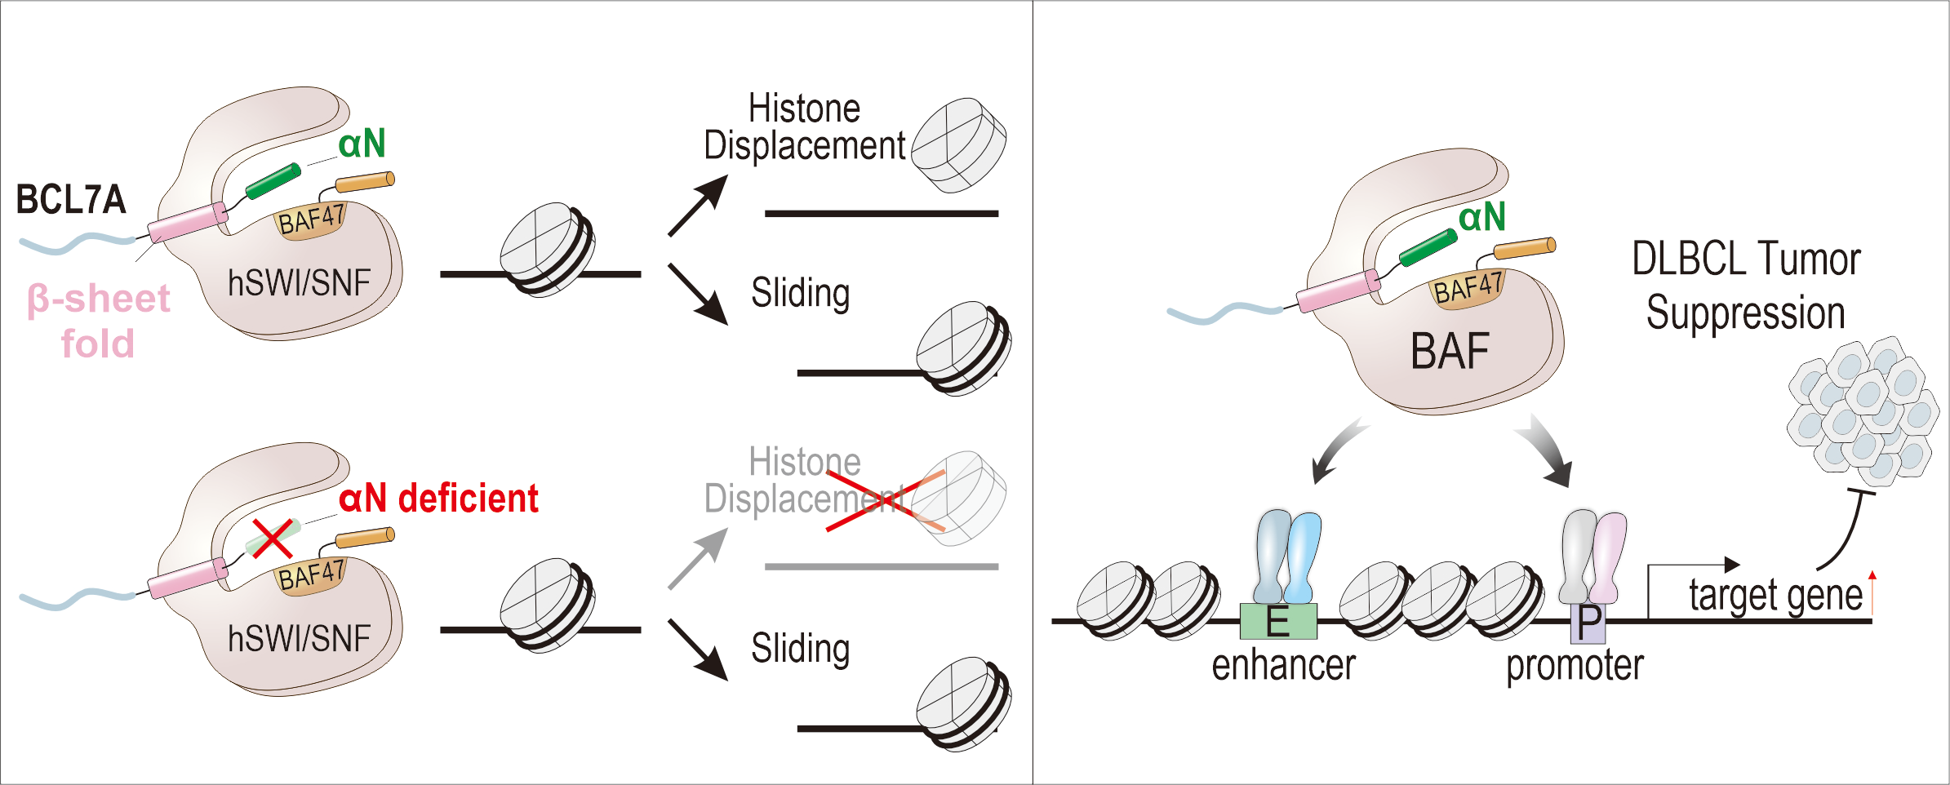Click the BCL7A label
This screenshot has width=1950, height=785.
(71, 200)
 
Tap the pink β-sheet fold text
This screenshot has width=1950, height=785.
(99, 321)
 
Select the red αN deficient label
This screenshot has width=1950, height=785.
(438, 499)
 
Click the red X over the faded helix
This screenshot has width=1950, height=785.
(272, 538)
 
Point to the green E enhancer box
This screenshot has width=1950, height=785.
(1277, 622)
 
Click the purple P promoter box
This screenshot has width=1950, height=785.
(1588, 623)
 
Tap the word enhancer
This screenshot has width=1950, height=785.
(1283, 665)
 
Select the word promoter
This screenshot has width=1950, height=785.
(1575, 665)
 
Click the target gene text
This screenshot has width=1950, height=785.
(1775, 595)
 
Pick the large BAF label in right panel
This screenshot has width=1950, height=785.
(1450, 352)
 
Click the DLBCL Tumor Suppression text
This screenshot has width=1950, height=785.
(1746, 286)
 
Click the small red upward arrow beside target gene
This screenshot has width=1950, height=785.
(1872, 592)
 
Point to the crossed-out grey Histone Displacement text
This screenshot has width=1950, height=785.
(804, 481)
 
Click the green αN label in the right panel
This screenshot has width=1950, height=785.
(1481, 217)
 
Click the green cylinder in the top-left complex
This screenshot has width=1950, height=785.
(273, 181)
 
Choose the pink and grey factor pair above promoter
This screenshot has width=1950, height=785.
(1592, 557)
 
